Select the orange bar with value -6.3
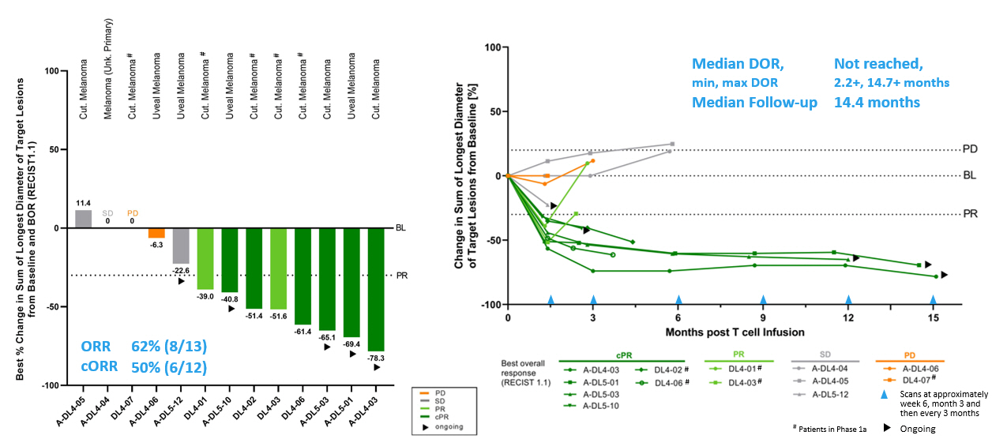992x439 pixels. [156, 233]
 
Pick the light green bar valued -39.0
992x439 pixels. [205, 259]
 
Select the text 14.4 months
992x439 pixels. [877, 102]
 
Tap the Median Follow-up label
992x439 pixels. [754, 102]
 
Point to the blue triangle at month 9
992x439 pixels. [763, 300]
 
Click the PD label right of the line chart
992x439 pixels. [971, 149]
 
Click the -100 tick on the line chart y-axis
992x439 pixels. [490, 305]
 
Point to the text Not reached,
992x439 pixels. [877, 63]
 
